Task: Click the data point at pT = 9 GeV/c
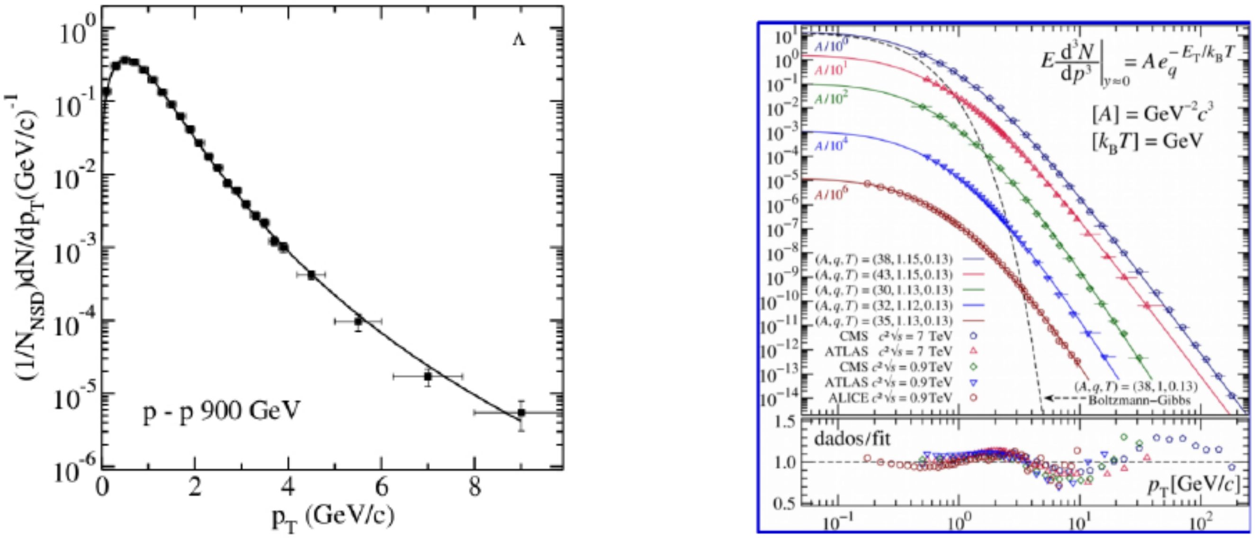(x=521, y=412)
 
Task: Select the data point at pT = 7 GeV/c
(x=428, y=376)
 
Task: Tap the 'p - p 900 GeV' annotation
(x=221, y=412)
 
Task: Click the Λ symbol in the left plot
(x=519, y=40)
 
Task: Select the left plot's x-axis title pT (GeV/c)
(x=333, y=518)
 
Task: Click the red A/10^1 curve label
(x=831, y=70)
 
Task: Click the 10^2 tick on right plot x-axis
(x=1200, y=524)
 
